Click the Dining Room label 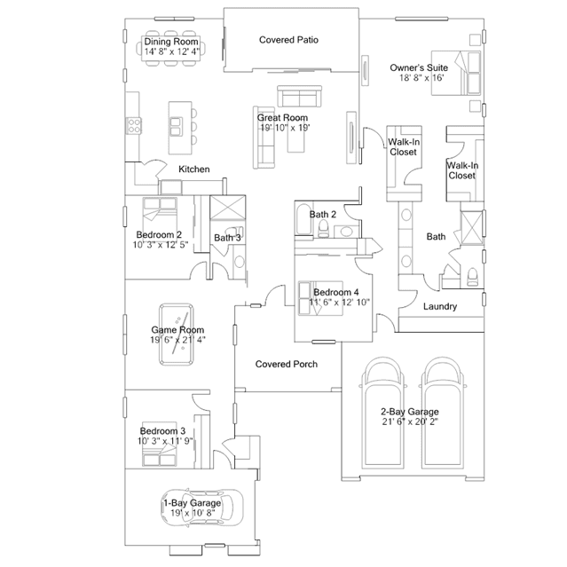pyautogui.click(x=171, y=41)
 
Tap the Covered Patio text pyautogui.click(x=288, y=40)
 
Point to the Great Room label pyautogui.click(x=282, y=117)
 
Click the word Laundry pyautogui.click(x=439, y=307)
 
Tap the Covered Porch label pyautogui.click(x=286, y=364)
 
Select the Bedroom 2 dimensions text pyautogui.click(x=160, y=245)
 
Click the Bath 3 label pyautogui.click(x=227, y=238)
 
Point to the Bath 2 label pyautogui.click(x=323, y=215)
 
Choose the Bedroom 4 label pyautogui.click(x=336, y=292)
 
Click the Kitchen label pyautogui.click(x=194, y=169)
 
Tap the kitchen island pyautogui.click(x=179, y=122)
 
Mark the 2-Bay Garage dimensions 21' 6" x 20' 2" pyautogui.click(x=410, y=423)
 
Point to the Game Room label pyautogui.click(x=171, y=330)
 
